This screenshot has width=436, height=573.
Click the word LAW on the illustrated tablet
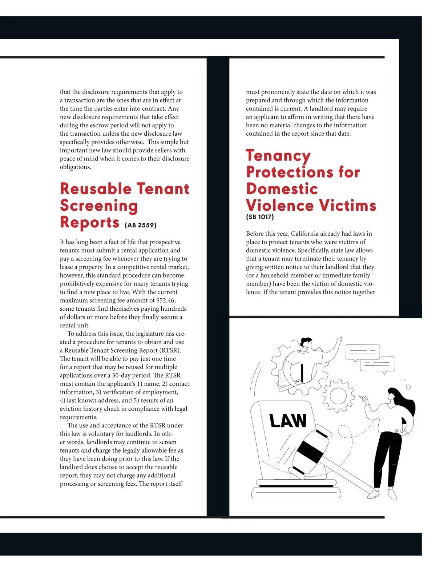tap(288, 421)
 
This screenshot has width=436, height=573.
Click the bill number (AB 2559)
tap(140, 225)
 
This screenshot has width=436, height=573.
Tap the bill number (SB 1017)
tap(260, 217)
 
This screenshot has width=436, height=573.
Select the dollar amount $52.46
tap(166, 301)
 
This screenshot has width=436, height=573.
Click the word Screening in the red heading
tap(99, 206)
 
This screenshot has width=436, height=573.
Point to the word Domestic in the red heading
tap(282, 189)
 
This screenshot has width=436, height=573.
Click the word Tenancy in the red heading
tap(278, 155)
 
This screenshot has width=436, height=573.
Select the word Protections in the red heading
tap(290, 172)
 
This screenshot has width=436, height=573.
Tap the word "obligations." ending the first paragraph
tap(76, 167)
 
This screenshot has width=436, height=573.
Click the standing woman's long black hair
tap(405, 402)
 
